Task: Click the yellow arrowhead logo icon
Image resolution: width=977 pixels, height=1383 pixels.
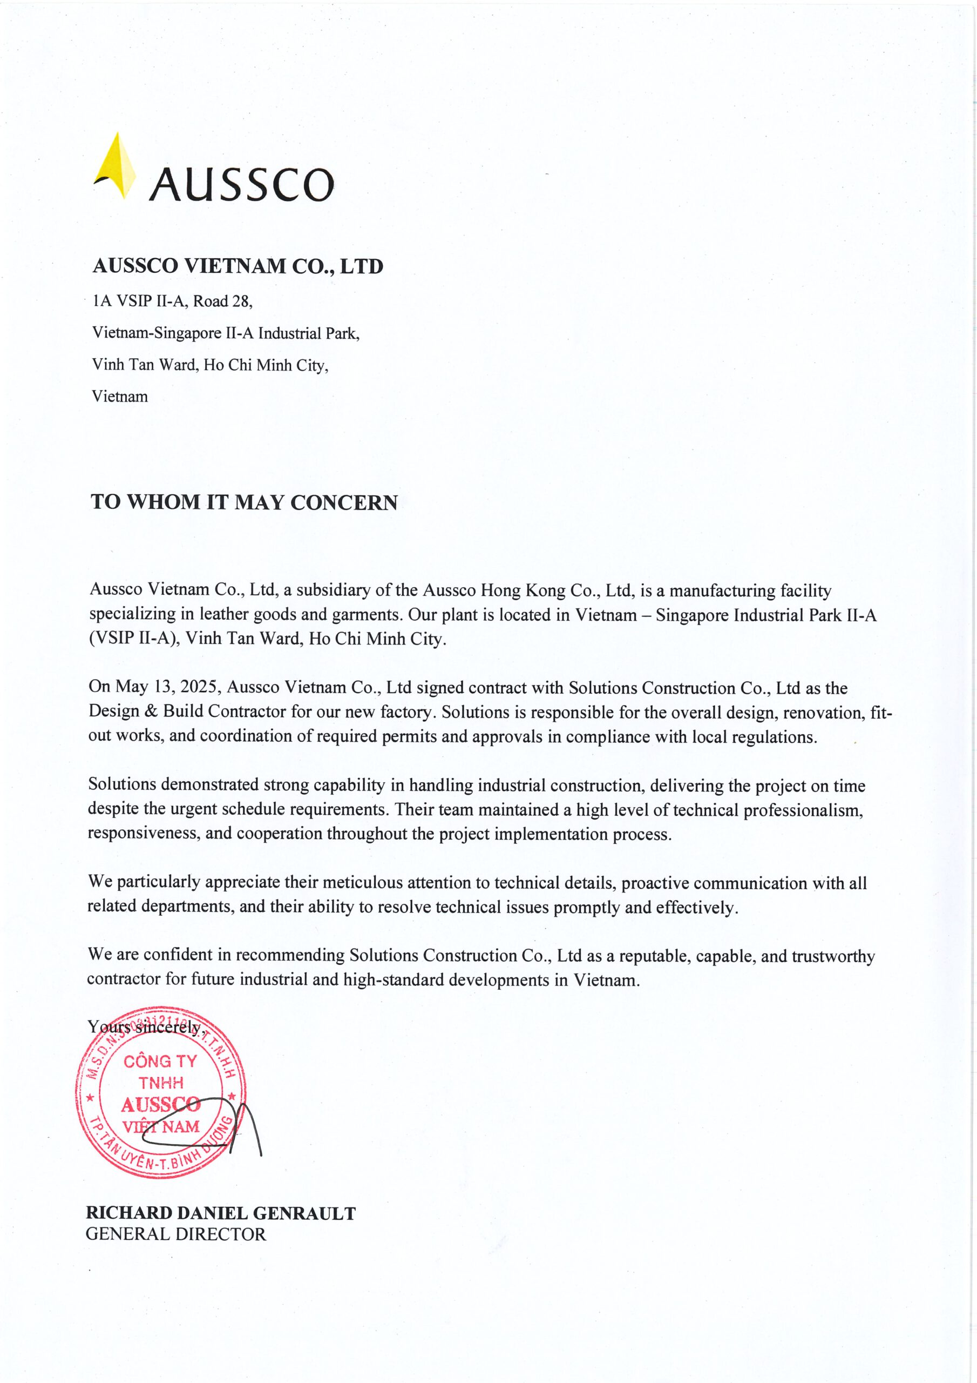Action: (117, 166)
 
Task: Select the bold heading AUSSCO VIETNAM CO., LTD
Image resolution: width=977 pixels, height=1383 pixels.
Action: (238, 266)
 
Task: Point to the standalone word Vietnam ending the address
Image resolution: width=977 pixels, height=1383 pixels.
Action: (120, 397)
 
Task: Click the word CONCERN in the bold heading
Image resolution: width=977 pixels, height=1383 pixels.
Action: (344, 502)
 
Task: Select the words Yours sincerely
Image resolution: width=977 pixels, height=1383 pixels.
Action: (145, 1026)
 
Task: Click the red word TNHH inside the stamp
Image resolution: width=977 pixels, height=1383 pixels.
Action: (161, 1083)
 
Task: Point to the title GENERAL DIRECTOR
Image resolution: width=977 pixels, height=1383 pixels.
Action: (175, 1234)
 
